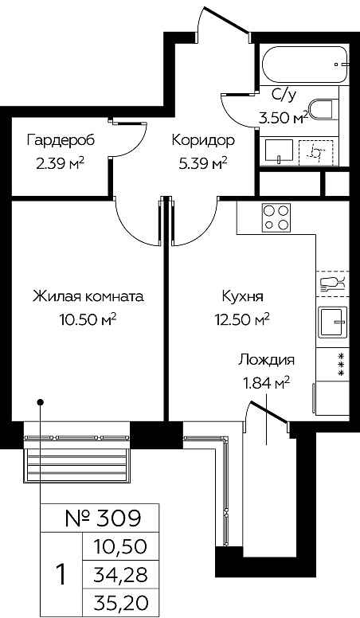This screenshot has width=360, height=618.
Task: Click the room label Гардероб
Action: tap(60, 140)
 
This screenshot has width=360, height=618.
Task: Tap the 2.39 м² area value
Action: tap(60, 162)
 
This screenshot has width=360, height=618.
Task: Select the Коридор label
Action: tap(203, 140)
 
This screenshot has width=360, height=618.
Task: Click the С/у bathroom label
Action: tap(284, 95)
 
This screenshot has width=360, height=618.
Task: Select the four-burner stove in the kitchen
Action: tap(276, 217)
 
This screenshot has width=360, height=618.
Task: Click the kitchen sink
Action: tap(332, 322)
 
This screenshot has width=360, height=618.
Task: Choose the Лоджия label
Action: tap(266, 359)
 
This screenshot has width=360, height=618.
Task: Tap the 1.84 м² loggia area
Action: tap(265, 381)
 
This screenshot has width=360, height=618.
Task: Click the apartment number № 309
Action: tap(102, 519)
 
